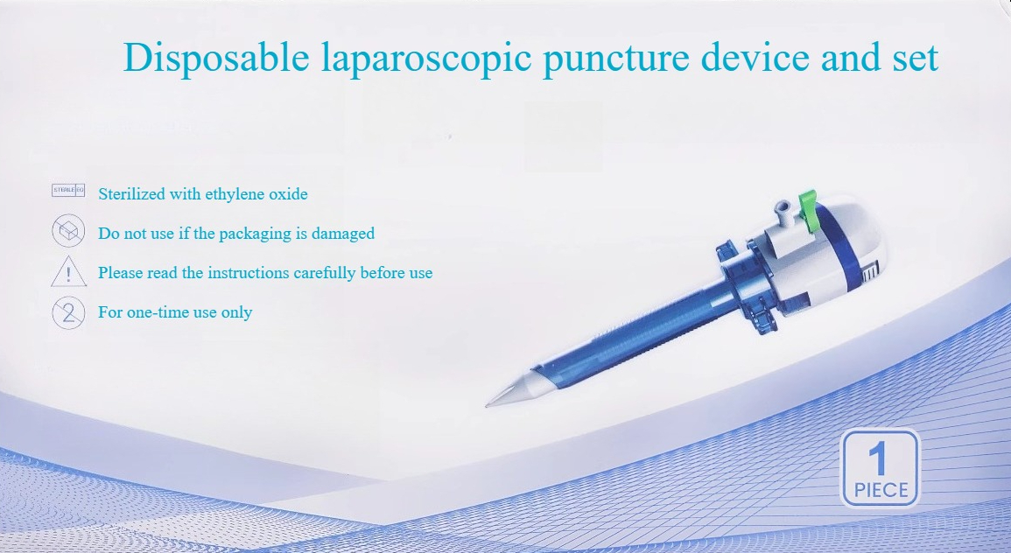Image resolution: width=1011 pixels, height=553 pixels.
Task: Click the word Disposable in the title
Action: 217,57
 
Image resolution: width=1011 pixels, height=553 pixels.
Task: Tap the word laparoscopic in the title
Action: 425,59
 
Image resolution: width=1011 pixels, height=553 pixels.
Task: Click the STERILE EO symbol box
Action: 68,190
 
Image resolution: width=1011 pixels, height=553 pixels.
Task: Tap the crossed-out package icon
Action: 68,231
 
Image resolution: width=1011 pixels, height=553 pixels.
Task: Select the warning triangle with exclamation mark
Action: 69,271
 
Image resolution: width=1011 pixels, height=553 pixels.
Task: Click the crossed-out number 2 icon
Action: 68,313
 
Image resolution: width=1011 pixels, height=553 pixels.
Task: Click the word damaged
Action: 343,234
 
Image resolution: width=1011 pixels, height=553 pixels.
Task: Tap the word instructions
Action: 249,273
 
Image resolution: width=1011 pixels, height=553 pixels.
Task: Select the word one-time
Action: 158,312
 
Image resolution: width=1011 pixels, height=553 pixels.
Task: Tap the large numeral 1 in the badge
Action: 877,458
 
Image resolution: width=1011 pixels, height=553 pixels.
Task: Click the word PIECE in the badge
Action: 881,491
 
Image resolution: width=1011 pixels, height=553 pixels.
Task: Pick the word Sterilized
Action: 131,194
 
